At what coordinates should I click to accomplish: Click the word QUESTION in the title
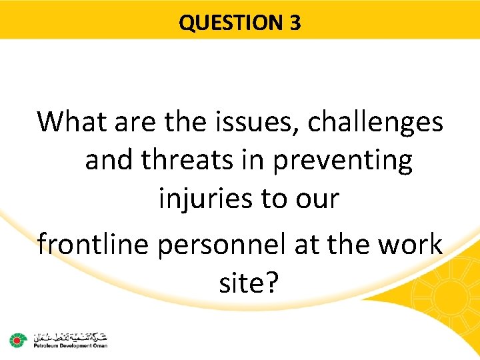[x=231, y=23]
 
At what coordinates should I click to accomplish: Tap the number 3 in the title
[x=295, y=23]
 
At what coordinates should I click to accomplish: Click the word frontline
[x=93, y=244]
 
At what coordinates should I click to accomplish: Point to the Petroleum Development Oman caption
[x=67, y=345]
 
